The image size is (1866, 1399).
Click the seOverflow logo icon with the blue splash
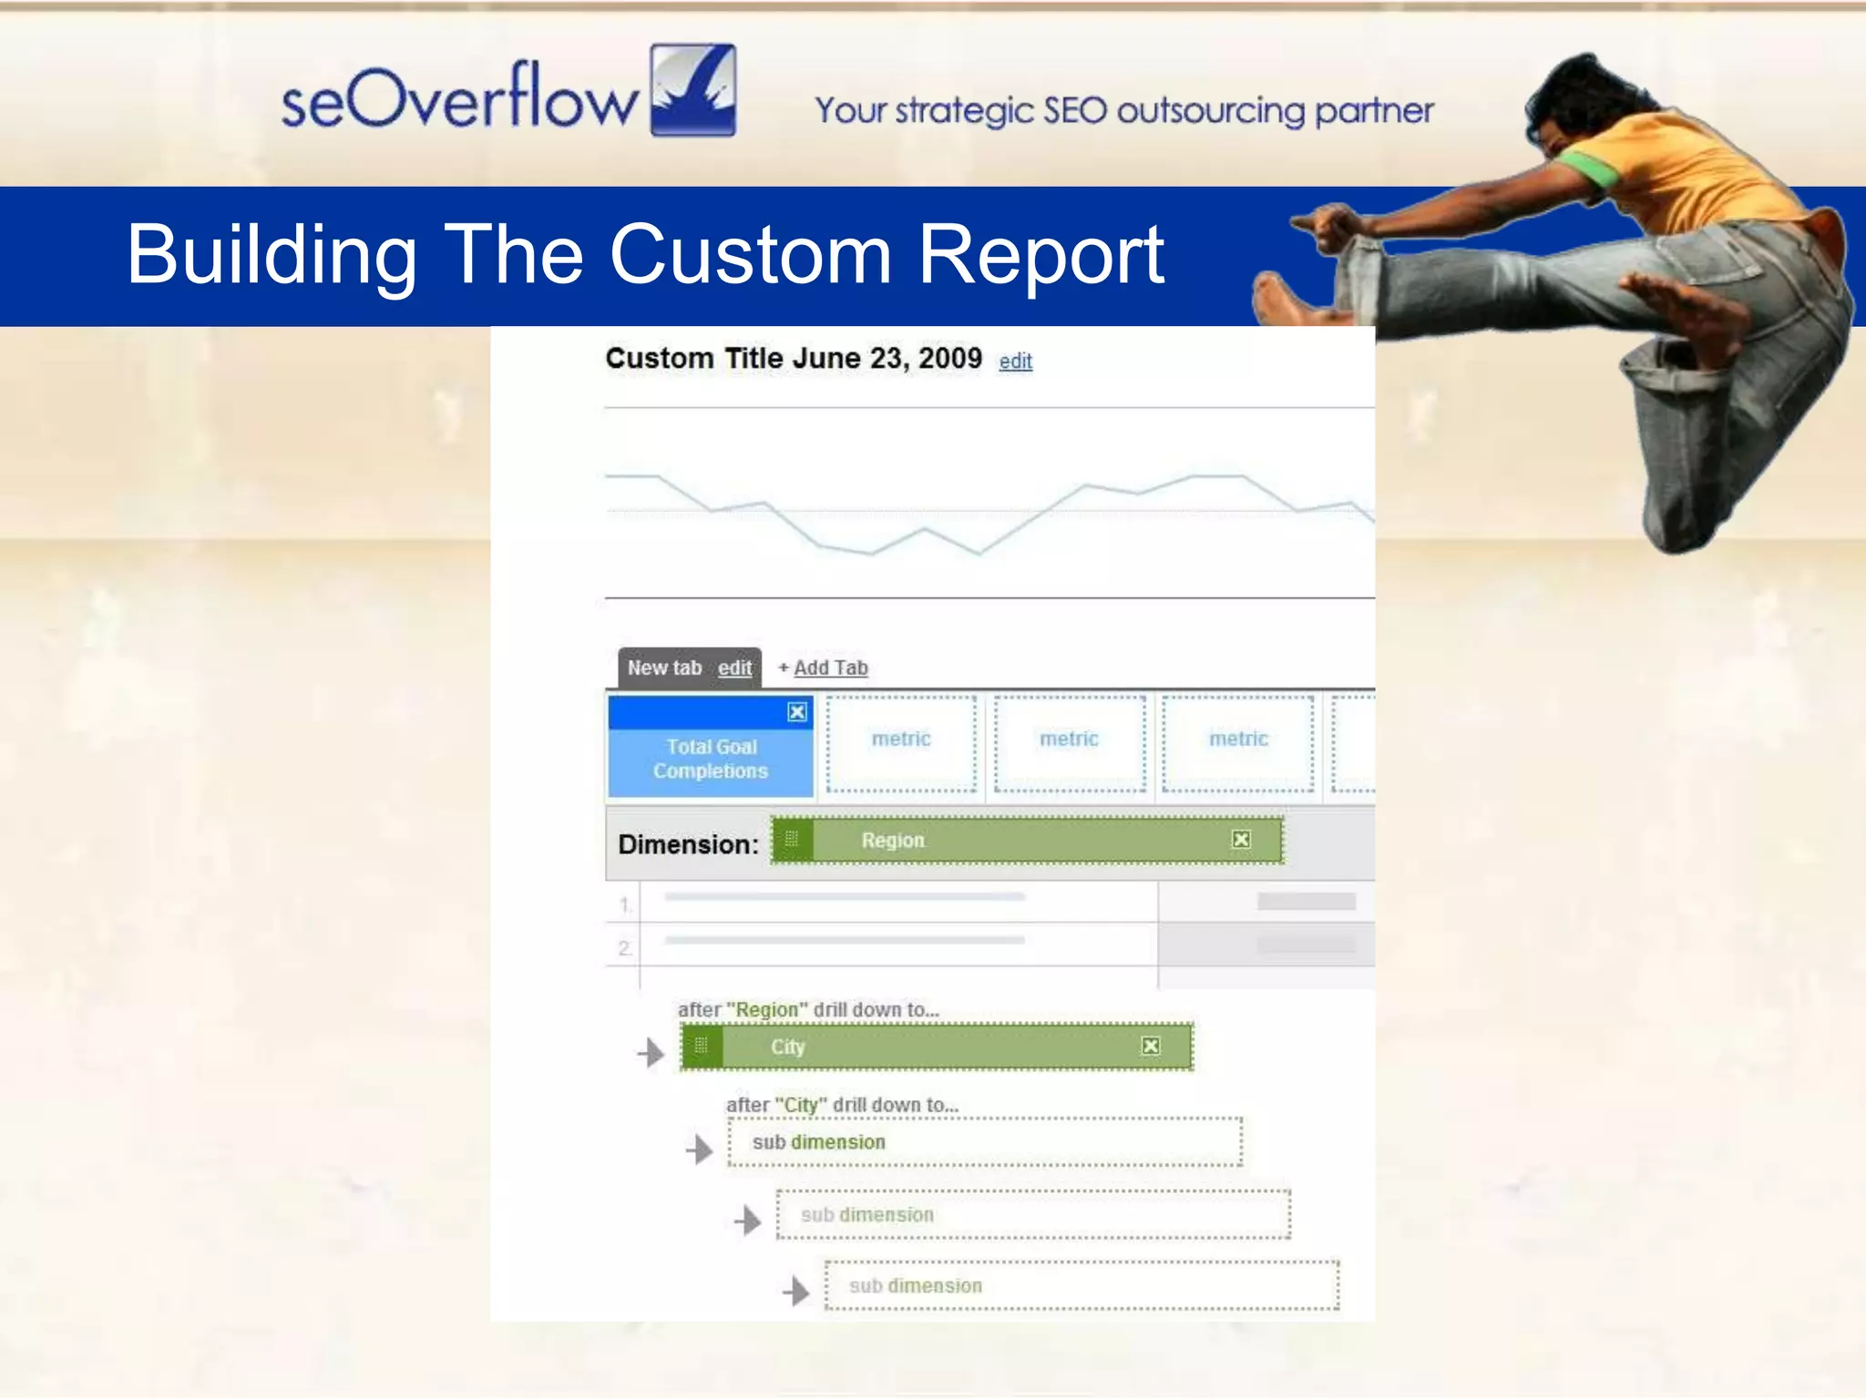pos(693,90)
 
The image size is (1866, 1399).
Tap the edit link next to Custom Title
pos(1015,362)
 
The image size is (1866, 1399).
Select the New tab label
pos(664,668)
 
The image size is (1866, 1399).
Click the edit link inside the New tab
pos(734,668)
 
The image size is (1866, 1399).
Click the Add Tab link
pos(829,668)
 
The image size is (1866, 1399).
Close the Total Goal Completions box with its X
pos(797,712)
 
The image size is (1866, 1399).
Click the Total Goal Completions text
pos(711,759)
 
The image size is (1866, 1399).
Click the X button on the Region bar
pos(1241,839)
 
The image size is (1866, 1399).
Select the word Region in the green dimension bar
pos(892,841)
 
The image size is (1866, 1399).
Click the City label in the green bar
pos(787,1047)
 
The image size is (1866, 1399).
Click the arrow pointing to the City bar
pos(651,1053)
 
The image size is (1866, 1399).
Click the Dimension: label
pos(688,844)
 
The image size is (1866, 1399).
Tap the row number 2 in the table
pos(624,948)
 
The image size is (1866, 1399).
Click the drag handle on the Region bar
pos(792,840)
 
